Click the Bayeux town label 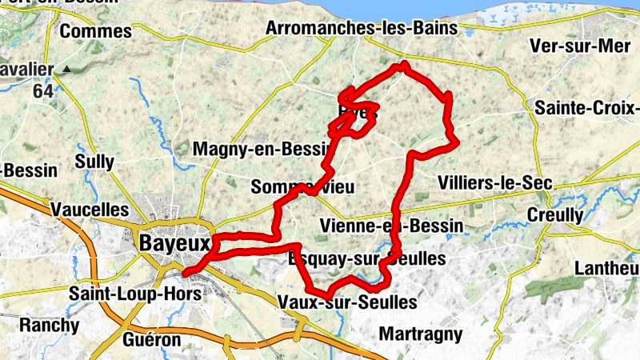174,242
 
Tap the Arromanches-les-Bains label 361,28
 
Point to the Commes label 95,31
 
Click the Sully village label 94,162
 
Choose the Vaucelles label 89,210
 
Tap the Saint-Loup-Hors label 135,293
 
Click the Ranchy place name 50,326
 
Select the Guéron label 152,340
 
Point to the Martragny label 421,333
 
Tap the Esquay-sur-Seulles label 366,259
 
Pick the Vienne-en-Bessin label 390,226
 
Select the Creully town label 555,215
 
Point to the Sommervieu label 302,187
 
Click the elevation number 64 43,90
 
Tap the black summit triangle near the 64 67,70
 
